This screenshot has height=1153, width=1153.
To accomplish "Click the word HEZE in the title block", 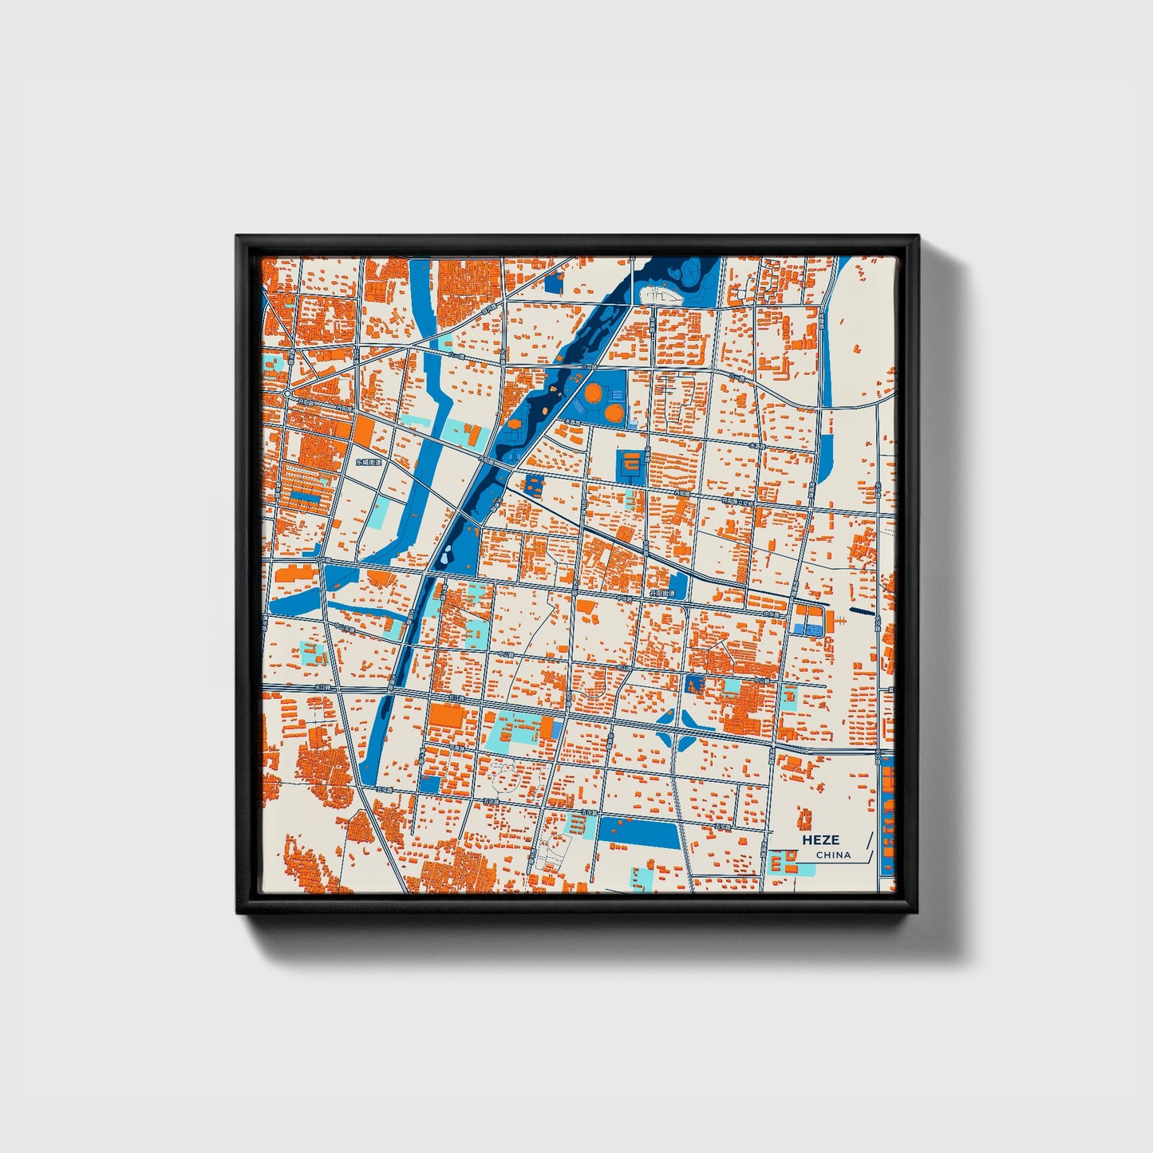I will pyautogui.click(x=820, y=839).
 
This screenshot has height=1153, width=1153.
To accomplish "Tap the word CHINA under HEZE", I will pyautogui.click(x=833, y=855).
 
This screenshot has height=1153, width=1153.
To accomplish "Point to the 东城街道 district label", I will pyautogui.click(x=369, y=462).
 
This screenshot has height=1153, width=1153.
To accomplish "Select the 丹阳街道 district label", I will pyautogui.click(x=661, y=594).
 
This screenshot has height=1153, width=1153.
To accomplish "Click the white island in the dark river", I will pyautogui.click(x=661, y=295).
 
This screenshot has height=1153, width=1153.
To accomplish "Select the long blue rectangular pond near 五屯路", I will pyautogui.click(x=639, y=832).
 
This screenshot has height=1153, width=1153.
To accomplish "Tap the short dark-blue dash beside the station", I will pyautogui.click(x=862, y=612).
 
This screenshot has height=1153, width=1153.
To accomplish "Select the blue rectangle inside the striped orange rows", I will pyautogui.click(x=304, y=496).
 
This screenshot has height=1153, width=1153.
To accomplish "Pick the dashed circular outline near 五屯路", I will pyautogui.click(x=507, y=772).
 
